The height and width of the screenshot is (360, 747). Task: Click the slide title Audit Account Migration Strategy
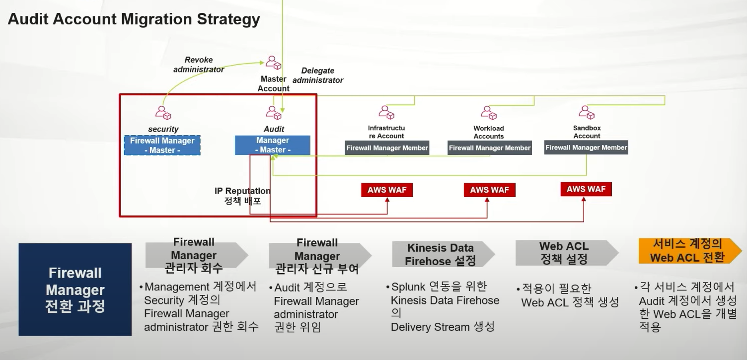click(134, 19)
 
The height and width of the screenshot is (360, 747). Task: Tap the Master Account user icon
click(273, 63)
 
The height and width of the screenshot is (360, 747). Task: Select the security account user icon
click(163, 113)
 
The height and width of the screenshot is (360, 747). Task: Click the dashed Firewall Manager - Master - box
click(162, 145)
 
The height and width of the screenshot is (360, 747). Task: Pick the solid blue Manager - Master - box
click(273, 145)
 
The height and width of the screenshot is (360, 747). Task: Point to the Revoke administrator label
click(199, 65)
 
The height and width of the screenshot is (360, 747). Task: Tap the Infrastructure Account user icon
click(386, 113)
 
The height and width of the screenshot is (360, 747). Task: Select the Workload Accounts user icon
click(489, 113)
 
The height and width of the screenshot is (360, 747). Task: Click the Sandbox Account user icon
click(587, 113)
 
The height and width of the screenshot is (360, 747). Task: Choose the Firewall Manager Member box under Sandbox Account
click(586, 147)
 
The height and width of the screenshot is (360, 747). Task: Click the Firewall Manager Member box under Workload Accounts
click(490, 148)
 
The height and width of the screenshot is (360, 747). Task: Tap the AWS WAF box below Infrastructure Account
click(387, 190)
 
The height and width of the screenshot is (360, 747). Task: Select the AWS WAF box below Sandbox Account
click(586, 189)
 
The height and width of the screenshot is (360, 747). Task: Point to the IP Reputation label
click(242, 191)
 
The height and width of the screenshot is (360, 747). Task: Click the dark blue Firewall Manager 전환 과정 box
click(75, 289)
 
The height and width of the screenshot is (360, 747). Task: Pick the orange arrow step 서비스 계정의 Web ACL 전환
click(687, 251)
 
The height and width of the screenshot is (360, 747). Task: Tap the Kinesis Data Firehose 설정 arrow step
click(441, 254)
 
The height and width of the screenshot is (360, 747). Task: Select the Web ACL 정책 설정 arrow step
click(564, 253)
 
